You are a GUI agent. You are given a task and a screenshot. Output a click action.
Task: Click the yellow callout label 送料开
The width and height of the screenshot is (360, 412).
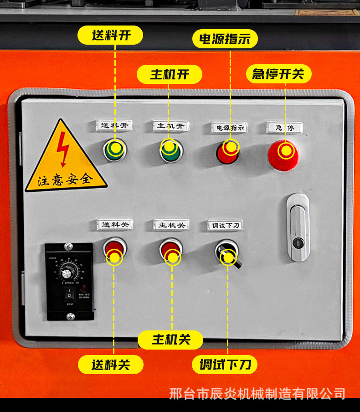click(x=111, y=35)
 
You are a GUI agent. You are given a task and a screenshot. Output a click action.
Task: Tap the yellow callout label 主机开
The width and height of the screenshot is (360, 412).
click(x=170, y=74)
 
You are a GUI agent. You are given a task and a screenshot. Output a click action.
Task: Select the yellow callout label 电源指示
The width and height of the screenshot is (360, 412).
click(x=225, y=39)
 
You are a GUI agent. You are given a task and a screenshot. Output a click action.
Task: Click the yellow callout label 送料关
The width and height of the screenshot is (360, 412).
click(x=111, y=365)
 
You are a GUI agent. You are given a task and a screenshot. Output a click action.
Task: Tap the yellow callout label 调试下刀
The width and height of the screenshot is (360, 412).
click(x=225, y=365)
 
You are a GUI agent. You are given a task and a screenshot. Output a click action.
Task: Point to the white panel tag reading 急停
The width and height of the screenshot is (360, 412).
click(x=284, y=128)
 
